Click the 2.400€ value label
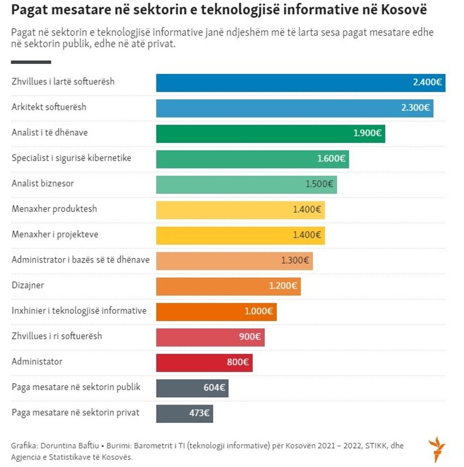427,82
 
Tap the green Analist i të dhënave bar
270,133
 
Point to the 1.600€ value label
331,159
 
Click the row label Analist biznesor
43,183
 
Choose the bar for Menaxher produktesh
240,209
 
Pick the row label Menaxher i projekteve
55,234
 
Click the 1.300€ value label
295,260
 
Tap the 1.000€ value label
259,311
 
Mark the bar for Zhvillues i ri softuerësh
210,337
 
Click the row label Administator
37,362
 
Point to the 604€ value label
214,388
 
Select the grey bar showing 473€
185,413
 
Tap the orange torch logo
437,450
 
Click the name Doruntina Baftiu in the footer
69,446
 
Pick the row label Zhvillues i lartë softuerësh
63,81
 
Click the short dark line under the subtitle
31,62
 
